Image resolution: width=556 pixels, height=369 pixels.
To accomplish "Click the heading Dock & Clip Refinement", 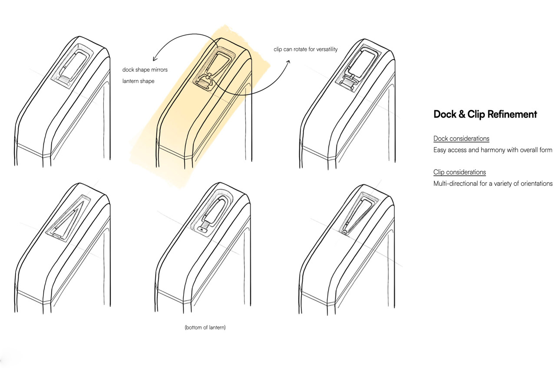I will tap(485, 114).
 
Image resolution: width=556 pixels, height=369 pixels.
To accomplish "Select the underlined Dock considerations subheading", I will tap(461, 138).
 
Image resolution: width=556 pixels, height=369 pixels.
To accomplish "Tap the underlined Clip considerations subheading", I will tap(460, 172).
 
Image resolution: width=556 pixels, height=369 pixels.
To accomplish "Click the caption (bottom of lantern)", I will tap(205, 327).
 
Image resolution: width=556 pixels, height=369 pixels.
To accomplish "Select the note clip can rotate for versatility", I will tap(305, 49).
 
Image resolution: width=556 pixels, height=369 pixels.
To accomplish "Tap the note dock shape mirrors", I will tap(145, 69).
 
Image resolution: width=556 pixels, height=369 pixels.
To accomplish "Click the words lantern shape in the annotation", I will tap(138, 81).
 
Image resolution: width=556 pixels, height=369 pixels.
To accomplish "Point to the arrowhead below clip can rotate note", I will tap(288, 61).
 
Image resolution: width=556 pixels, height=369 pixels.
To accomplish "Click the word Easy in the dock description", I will tap(440, 150).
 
